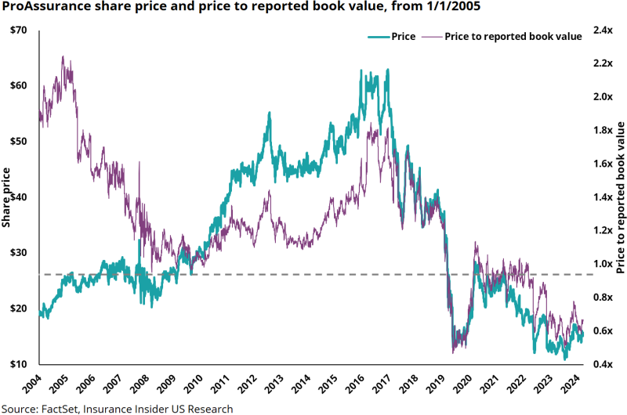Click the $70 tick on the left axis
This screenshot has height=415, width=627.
tap(20, 30)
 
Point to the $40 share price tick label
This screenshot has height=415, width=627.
tap(20, 197)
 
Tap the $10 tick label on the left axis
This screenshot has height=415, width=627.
tap(20, 365)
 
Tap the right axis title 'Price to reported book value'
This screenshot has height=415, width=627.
tap(620, 197)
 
